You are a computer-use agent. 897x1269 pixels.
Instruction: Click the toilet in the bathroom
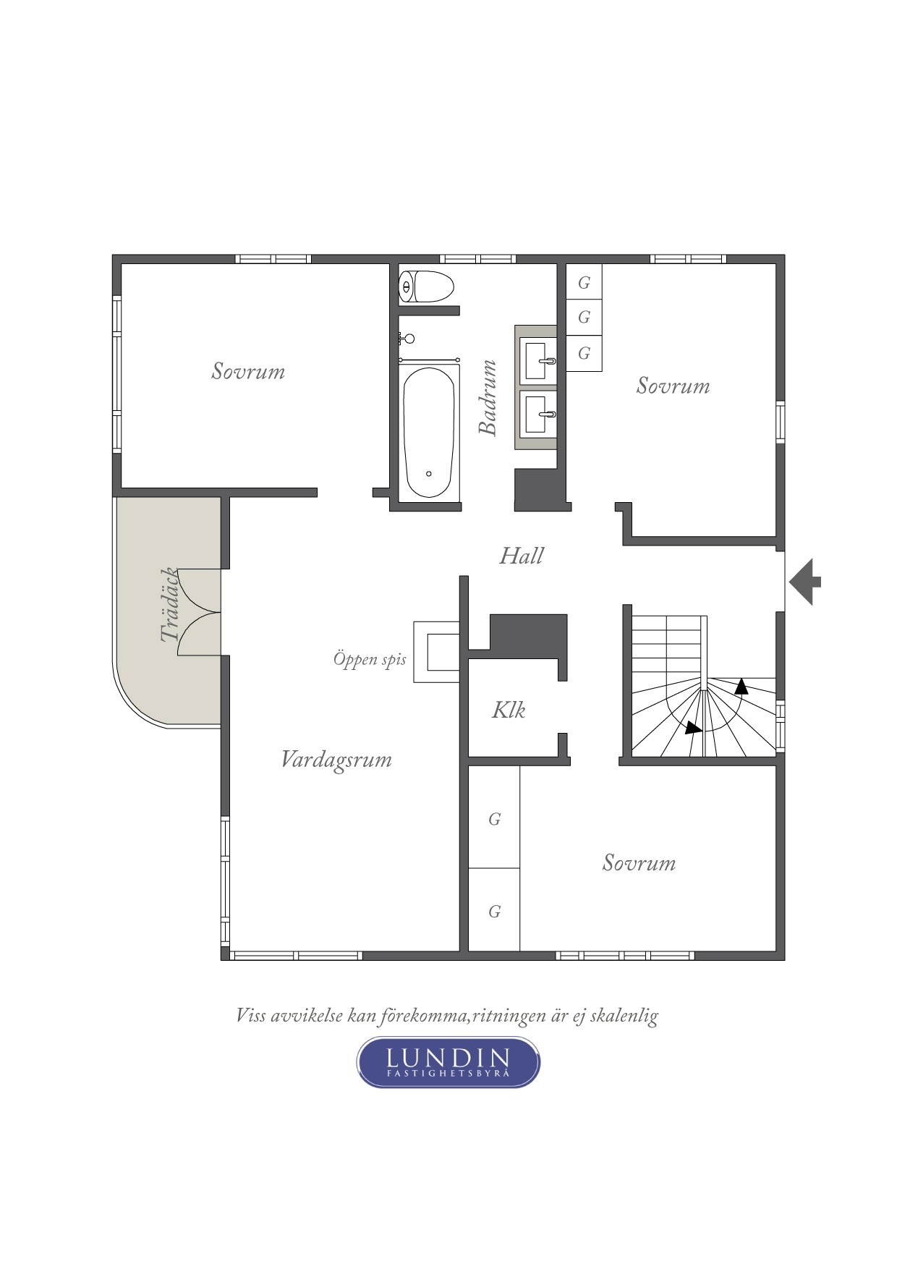click(426, 287)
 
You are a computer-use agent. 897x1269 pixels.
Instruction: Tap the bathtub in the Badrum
click(429, 433)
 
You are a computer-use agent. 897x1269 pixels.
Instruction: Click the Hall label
click(522, 556)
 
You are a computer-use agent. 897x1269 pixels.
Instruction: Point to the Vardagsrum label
click(336, 760)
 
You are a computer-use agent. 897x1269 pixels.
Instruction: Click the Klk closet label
click(509, 710)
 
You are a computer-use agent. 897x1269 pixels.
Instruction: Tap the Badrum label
click(488, 398)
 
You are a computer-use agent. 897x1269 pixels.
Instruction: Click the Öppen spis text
click(370, 659)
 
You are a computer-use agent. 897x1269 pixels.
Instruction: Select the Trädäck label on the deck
click(169, 605)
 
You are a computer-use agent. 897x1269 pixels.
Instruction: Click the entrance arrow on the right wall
click(804, 582)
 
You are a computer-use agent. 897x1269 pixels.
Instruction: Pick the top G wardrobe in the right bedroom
click(584, 282)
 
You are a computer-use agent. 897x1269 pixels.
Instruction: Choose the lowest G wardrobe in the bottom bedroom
click(495, 911)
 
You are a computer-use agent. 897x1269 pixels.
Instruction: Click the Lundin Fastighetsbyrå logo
click(448, 1062)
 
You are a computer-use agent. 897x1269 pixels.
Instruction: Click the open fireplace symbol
click(436, 651)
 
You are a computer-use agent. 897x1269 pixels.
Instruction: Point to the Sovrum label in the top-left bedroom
click(248, 371)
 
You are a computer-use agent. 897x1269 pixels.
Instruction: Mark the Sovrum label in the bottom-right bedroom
click(639, 862)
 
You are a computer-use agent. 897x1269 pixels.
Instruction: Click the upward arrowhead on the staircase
click(741, 686)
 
